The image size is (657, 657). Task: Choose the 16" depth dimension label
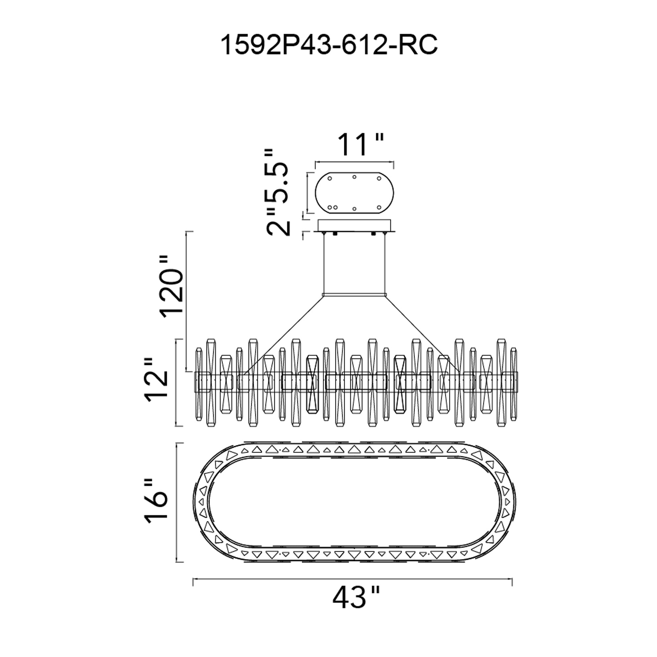(156, 503)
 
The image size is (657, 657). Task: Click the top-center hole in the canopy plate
(354, 177)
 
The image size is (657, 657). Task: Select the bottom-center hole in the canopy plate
(354, 209)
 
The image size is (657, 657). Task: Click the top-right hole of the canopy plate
(379, 178)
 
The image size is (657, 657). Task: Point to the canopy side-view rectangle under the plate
(354, 225)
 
